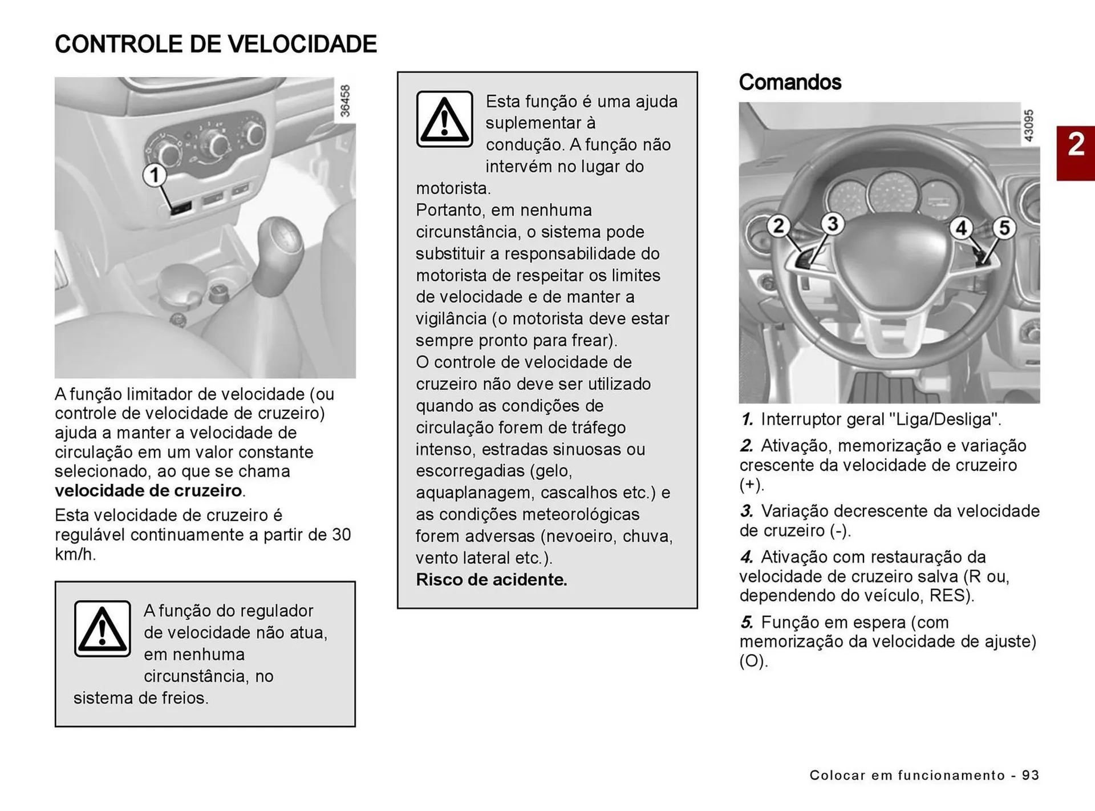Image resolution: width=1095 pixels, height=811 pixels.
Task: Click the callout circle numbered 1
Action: tap(154, 175)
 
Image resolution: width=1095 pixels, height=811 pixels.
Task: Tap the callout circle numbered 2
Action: tap(778, 226)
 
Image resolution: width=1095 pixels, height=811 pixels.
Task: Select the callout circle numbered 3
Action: tap(832, 223)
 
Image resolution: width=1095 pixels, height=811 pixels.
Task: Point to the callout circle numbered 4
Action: tap(961, 228)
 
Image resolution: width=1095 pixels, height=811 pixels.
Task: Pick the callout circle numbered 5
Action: tap(1004, 228)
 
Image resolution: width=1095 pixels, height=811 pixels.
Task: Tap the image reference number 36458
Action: tap(345, 101)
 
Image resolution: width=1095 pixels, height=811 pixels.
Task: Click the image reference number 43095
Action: tap(1028, 126)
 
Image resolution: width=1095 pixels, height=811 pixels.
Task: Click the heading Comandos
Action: tap(790, 82)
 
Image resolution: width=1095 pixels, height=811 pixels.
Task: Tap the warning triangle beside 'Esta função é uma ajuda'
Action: tap(444, 119)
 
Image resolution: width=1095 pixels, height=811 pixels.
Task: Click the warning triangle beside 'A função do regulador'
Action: tap(103, 628)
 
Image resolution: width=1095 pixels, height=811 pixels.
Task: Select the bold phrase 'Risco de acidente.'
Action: tap(492, 580)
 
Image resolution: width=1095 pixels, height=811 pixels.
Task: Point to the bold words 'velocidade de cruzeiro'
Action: tap(148, 491)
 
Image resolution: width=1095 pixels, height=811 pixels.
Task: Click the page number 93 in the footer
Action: tap(1031, 775)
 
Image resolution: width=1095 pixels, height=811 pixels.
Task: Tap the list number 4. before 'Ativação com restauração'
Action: tap(747, 557)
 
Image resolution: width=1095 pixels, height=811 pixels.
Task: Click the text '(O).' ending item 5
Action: tap(753, 661)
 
